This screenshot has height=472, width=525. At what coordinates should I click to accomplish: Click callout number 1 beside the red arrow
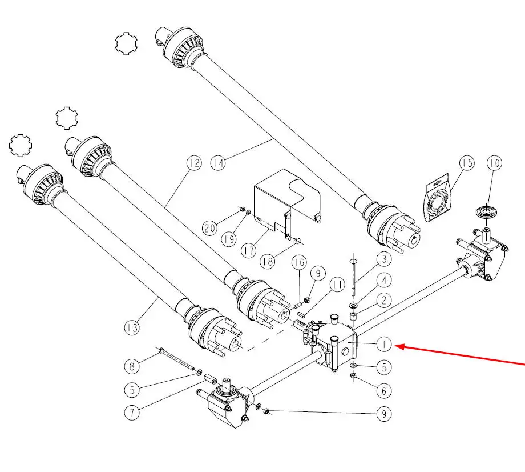click(384, 344)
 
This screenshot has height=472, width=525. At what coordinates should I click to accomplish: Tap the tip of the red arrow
click(396, 346)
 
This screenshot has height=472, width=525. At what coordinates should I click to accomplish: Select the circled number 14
click(218, 163)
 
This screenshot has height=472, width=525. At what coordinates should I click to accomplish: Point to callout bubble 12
click(194, 163)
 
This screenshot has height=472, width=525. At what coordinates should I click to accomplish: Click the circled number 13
click(132, 327)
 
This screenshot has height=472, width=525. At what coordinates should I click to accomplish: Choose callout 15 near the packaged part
click(467, 163)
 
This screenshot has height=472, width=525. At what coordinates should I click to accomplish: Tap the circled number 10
click(494, 163)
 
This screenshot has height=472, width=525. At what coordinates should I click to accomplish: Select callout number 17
click(249, 250)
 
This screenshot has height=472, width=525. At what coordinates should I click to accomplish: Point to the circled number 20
click(209, 229)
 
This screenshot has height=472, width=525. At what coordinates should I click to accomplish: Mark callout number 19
click(229, 239)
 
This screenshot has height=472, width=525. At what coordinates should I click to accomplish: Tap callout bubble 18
click(268, 261)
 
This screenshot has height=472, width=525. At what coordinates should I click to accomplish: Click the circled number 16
click(299, 262)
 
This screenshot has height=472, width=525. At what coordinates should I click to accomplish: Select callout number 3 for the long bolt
click(384, 259)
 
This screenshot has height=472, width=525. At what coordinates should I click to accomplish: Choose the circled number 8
click(132, 366)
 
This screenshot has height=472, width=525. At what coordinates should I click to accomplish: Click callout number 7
click(132, 413)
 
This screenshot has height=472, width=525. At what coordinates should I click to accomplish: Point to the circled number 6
click(384, 390)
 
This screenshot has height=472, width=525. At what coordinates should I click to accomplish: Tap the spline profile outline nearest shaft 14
click(126, 43)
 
